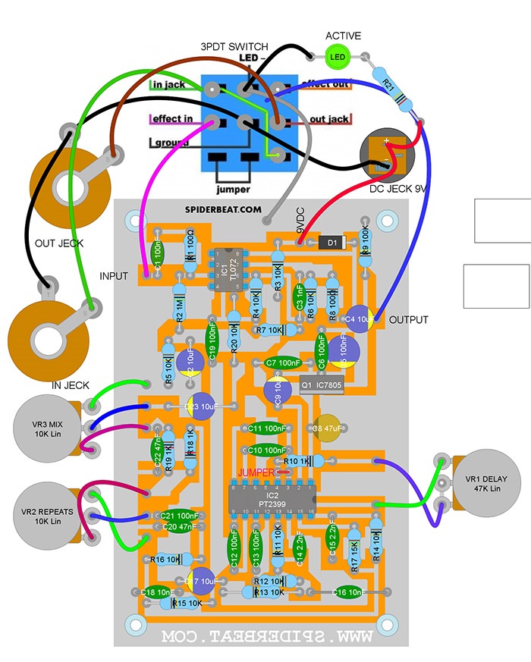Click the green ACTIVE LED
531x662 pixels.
coord(337,56)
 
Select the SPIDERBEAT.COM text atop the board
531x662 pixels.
coord(223,209)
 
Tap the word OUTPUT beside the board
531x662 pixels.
coord(409,320)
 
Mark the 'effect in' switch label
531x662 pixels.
coord(171,119)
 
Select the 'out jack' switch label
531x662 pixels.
coord(329,119)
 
